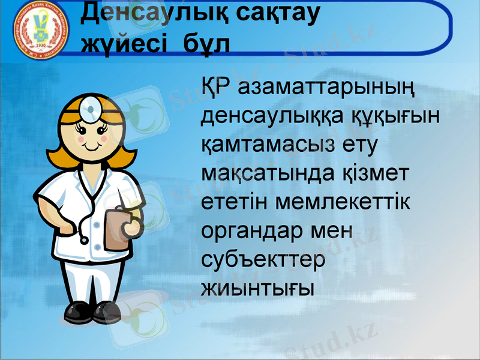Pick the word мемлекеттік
(x=343, y=203)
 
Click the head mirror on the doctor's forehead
(x=92, y=107)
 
